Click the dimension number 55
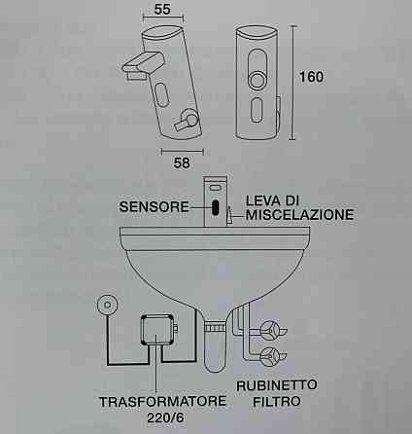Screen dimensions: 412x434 162,9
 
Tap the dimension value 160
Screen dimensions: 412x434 311,77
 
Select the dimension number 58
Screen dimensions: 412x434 182,163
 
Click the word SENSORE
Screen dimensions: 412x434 154,206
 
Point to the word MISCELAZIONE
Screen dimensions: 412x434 299,215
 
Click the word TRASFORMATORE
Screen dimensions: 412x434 162,402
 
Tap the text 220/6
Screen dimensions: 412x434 165,417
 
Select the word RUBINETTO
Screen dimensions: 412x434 277,385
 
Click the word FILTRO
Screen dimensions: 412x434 277,402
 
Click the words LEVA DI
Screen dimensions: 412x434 272,200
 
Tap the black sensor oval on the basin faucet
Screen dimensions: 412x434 216,207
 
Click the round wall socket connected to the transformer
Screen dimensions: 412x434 106,305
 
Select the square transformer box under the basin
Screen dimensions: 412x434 157,331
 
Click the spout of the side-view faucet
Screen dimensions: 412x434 143,64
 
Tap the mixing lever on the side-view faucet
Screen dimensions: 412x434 186,121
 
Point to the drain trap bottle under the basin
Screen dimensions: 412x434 215,347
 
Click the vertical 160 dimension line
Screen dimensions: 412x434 293,83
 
